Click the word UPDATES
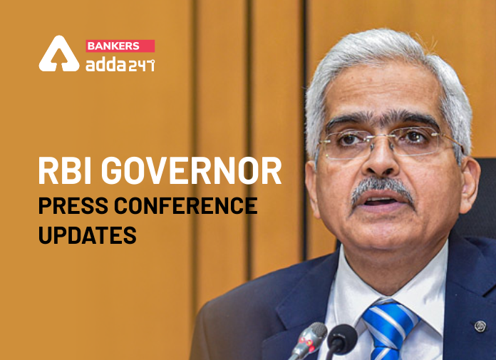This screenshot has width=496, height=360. [87, 233]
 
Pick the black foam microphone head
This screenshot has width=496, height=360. [341, 337]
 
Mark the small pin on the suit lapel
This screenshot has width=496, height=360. [480, 326]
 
